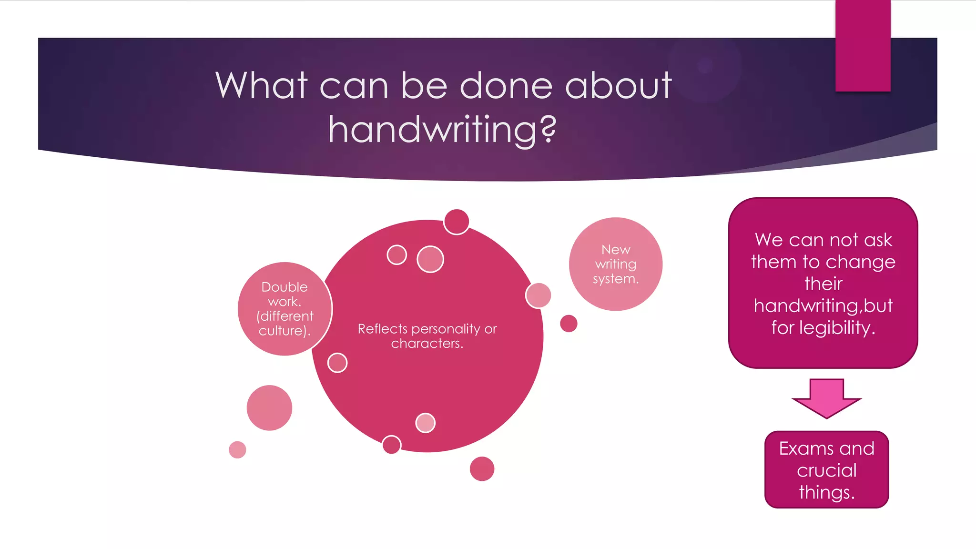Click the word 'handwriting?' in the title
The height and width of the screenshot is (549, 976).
click(x=442, y=130)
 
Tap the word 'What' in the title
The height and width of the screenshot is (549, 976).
click(x=262, y=86)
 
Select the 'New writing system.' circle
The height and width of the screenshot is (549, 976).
click(x=615, y=264)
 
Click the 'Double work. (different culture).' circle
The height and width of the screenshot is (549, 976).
click(x=285, y=309)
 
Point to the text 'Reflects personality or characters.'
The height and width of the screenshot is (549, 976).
click(x=427, y=336)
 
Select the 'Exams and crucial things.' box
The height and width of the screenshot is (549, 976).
click(x=826, y=470)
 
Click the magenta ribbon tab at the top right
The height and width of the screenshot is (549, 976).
click(x=863, y=46)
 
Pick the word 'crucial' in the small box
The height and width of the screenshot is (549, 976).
click(x=826, y=470)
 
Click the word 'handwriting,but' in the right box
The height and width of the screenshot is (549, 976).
click(x=823, y=306)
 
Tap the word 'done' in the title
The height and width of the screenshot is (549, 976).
click(x=507, y=86)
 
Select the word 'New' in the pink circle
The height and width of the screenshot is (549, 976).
click(x=616, y=249)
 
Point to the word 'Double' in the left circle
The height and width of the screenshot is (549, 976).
click(x=285, y=287)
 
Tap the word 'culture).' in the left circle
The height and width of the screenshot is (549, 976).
click(x=285, y=331)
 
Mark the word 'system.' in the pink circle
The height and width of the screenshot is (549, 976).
click(x=616, y=279)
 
